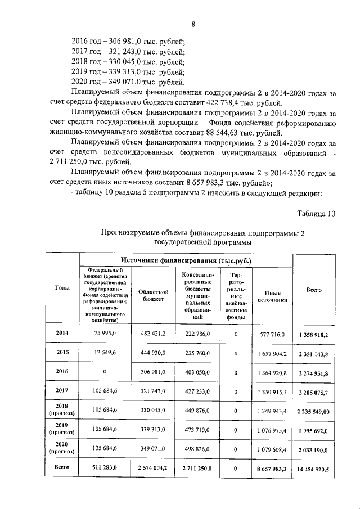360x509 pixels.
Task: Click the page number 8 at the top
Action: (193, 24)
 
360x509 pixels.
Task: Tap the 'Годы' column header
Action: (63, 287)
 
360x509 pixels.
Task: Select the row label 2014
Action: (63, 333)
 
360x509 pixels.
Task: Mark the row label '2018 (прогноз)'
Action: (63, 410)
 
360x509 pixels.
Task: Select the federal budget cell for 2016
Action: (105, 371)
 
